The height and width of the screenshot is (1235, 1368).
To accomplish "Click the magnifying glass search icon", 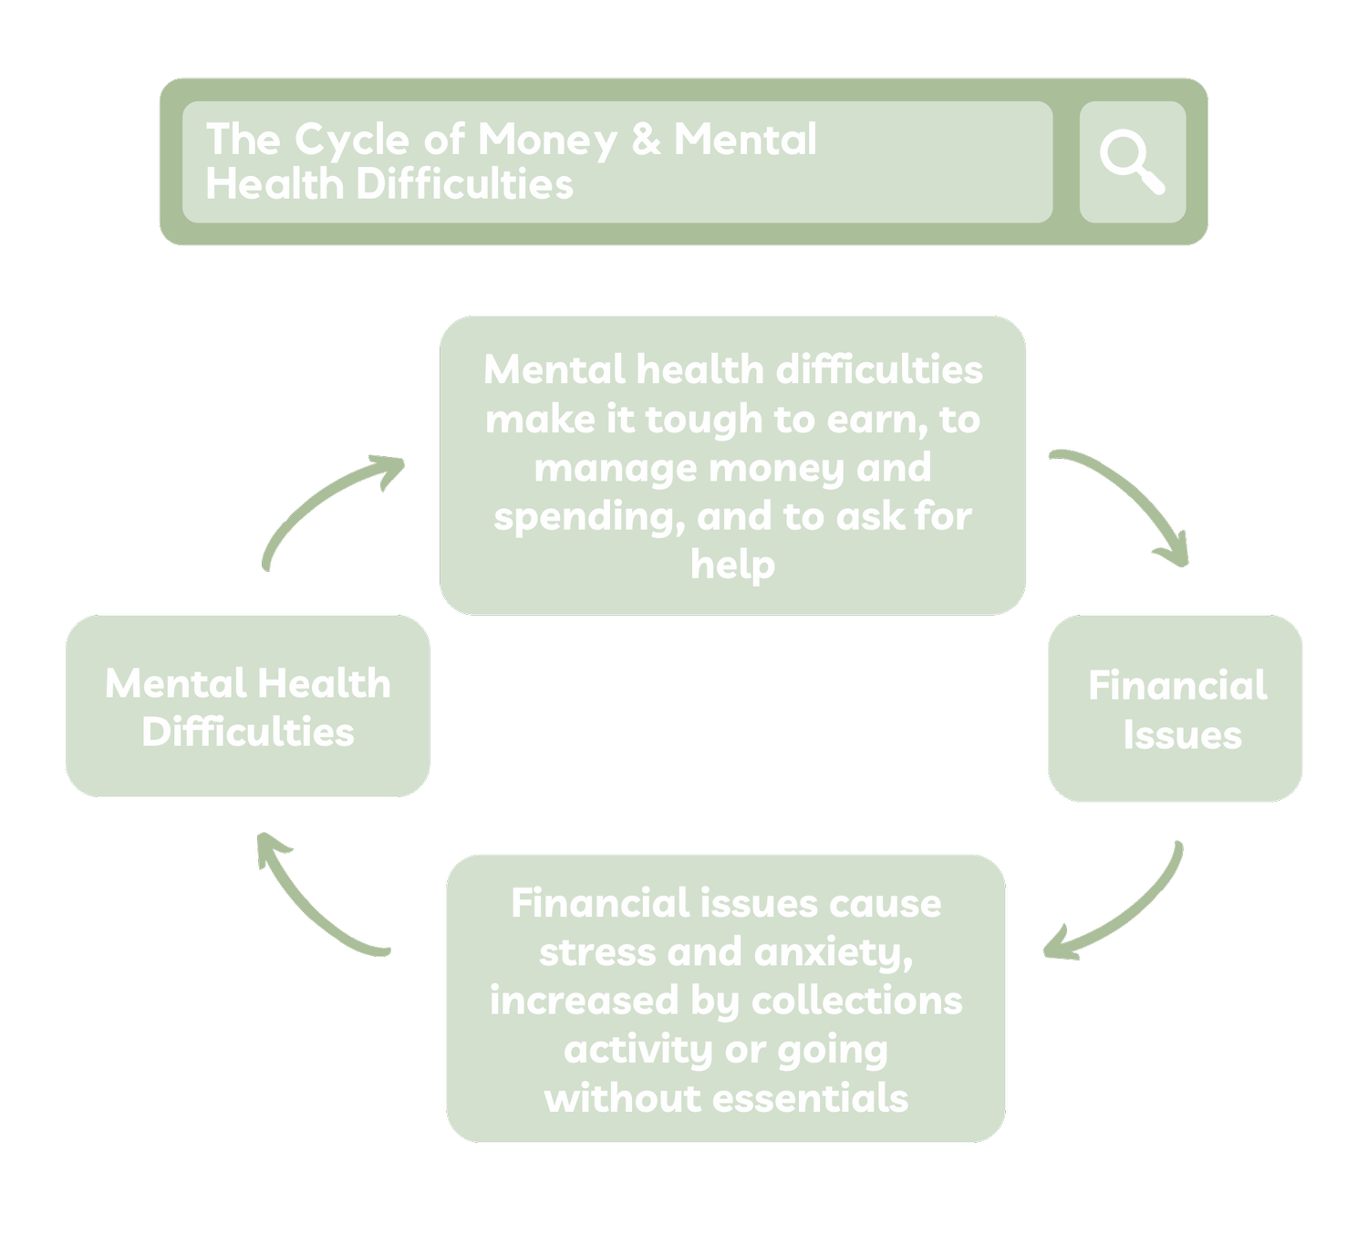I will (x=1132, y=162).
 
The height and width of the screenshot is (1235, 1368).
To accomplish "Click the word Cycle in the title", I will (x=351, y=140).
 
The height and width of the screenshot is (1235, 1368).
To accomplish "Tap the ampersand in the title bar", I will (x=645, y=140).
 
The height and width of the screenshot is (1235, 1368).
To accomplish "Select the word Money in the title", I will (x=547, y=140).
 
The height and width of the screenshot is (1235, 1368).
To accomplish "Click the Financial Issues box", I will (x=1176, y=709).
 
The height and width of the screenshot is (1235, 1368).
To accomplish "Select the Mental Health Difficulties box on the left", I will (x=247, y=706).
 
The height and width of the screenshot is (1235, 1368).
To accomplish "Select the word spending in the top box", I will (x=588, y=517).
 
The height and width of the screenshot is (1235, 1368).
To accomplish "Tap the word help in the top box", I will (x=732, y=565).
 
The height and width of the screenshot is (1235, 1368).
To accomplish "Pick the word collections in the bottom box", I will (x=856, y=1001).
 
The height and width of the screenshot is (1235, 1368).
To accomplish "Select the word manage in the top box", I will (x=615, y=468).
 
